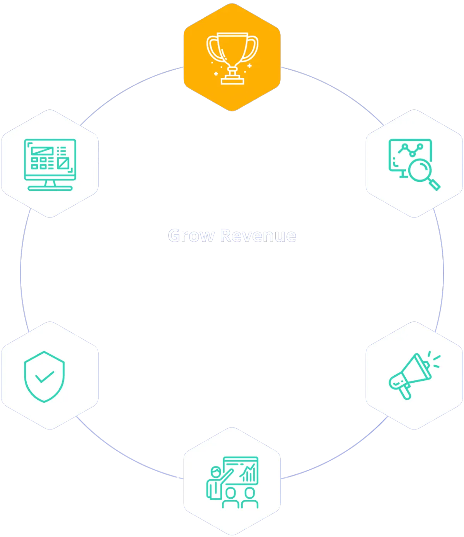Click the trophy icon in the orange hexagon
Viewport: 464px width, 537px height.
(232, 58)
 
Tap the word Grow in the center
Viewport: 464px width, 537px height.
(190, 236)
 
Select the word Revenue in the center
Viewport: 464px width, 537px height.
(258, 236)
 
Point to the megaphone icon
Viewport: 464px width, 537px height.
(412, 375)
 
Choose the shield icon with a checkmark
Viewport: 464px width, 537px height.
(44, 376)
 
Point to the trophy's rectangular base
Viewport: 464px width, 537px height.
(232, 80)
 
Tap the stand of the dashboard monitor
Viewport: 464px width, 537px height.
(50, 185)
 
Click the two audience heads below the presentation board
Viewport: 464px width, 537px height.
(240, 493)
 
